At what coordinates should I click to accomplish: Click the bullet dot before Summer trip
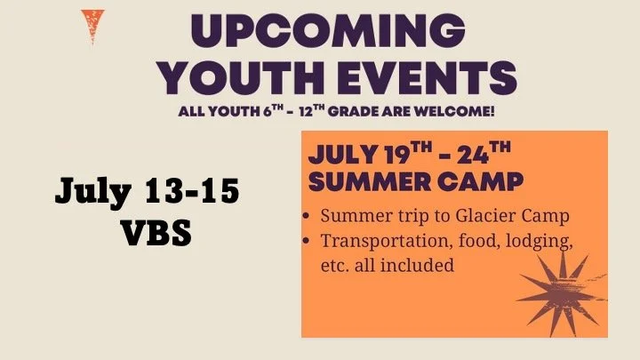coord(308,217)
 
